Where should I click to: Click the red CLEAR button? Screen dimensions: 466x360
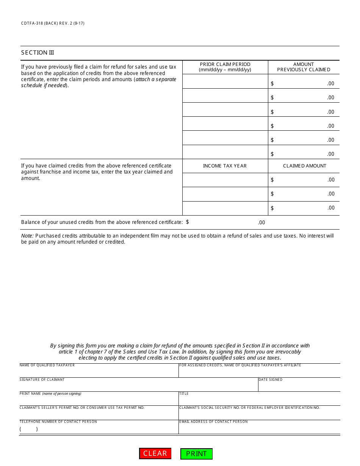pyautogui.click(x=155, y=453)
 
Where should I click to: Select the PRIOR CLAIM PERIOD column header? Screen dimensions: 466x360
pyautogui.click(x=225, y=67)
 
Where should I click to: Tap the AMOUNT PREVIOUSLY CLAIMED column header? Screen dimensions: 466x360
pyautogui.click(x=304, y=67)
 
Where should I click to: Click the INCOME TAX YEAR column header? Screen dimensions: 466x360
pyautogui.click(x=225, y=166)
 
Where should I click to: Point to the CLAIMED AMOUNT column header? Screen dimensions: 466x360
pyautogui.click(x=304, y=166)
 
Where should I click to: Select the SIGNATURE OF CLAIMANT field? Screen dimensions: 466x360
pyautogui.click(x=138, y=386)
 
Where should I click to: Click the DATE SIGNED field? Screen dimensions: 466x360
pyautogui.click(x=299, y=386)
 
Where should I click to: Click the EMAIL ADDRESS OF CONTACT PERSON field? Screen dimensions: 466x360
pyautogui.click(x=259, y=428)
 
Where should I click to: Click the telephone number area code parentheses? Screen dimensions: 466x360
pyautogui.click(x=29, y=429)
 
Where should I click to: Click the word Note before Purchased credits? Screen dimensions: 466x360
pyautogui.click(x=27, y=236)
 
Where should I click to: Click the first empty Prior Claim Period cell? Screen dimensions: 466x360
pyautogui.click(x=225, y=81)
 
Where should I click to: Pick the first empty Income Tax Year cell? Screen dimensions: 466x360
pyautogui.click(x=225, y=180)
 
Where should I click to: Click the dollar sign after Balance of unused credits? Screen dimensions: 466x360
pyautogui.click(x=188, y=222)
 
